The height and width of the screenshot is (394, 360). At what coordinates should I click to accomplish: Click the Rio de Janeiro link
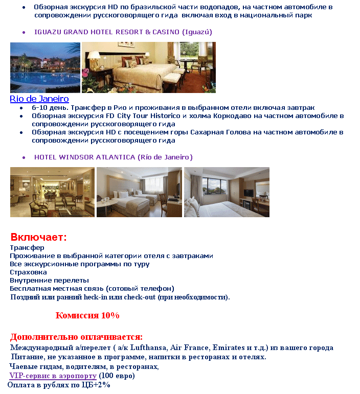click(x=39, y=99)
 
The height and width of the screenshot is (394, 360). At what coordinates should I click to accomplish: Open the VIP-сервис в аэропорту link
click(x=53, y=376)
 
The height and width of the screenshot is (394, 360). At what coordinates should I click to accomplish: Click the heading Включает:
click(x=39, y=237)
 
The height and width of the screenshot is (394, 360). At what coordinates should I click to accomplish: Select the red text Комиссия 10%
click(x=87, y=315)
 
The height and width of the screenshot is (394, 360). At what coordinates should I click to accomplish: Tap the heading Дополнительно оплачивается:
click(x=76, y=337)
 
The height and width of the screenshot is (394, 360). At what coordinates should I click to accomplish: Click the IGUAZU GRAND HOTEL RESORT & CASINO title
click(x=123, y=32)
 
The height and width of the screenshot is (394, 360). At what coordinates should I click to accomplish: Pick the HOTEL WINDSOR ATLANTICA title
click(x=113, y=157)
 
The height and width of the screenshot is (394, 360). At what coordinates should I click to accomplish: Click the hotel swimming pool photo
click(x=45, y=67)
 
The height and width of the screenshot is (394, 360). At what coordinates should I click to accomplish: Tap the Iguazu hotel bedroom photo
click(x=148, y=67)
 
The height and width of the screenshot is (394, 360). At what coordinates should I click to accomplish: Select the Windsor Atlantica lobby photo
click(x=52, y=192)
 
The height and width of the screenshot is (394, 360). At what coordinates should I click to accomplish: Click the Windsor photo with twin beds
click(x=139, y=192)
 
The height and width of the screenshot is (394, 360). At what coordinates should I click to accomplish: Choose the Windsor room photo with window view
click(x=227, y=192)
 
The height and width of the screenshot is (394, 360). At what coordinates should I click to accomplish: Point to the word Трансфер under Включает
click(x=27, y=247)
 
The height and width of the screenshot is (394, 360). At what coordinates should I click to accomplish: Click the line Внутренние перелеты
click(x=49, y=280)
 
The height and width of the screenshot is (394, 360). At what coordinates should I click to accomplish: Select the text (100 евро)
click(x=117, y=376)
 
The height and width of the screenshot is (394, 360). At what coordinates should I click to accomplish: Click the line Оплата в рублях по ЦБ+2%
click(x=59, y=385)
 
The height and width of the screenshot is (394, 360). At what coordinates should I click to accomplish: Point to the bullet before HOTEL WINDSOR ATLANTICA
click(x=24, y=157)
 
